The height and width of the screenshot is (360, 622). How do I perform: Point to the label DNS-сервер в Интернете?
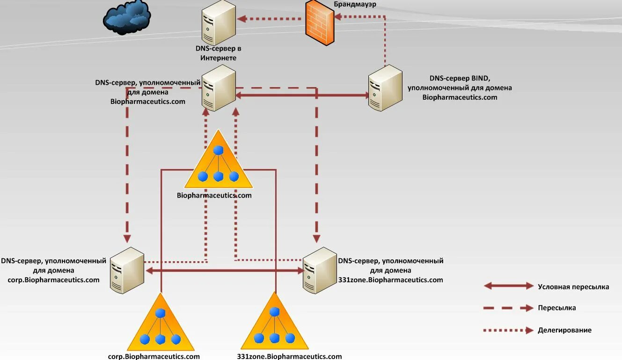218,53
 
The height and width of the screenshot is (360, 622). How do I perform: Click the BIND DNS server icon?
385,88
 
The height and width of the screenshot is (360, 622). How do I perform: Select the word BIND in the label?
481,78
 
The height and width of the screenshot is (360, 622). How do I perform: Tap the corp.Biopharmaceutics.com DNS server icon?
127,270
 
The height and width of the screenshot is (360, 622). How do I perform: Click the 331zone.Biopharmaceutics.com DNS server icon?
320,270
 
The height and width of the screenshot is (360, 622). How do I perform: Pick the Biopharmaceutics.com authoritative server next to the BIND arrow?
219,88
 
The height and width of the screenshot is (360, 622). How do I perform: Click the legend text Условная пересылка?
573,287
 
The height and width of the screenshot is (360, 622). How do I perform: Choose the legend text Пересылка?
557,308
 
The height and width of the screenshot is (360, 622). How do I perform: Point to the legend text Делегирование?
564,330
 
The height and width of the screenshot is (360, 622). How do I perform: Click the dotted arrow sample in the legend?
508,330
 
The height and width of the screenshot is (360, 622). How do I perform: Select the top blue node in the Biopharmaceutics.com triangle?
218,151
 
